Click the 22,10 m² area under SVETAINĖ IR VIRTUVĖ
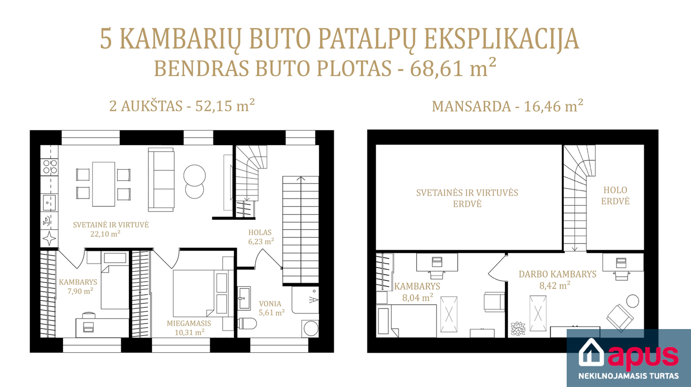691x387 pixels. pos(105,234)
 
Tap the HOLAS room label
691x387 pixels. pos(260,232)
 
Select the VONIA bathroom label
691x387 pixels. pos(270,304)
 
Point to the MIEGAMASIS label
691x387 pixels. pos(189,324)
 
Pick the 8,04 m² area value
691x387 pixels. pos(418,297)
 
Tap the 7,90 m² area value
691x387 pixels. pos(81,291)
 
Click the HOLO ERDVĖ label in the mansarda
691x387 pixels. pos(615,196)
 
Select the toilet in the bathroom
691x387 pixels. pos(248,324)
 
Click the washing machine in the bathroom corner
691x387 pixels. pos(311,329)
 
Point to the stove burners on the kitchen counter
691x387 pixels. pos(50,167)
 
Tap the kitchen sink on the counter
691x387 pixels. pos(49,203)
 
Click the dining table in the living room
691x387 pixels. pos(104,184)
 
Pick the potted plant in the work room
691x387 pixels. pos(518,329)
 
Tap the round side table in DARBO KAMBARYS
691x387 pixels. pos(633,301)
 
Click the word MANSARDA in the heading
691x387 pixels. pos(472,106)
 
